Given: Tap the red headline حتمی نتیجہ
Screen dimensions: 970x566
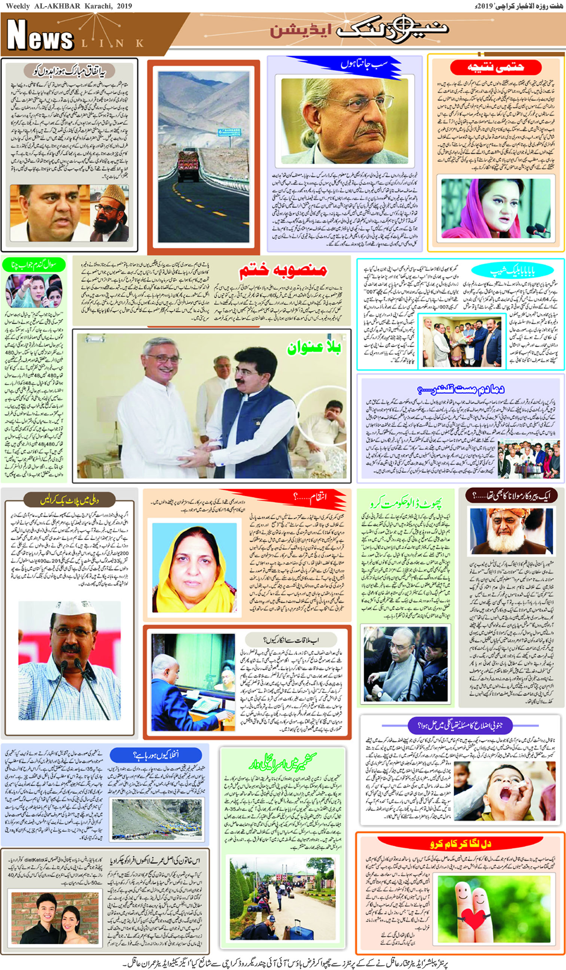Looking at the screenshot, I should tap(496, 68).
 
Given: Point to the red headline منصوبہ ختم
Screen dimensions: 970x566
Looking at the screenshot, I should tap(283, 270).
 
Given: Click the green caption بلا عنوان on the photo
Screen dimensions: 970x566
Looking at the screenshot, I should tap(313, 348).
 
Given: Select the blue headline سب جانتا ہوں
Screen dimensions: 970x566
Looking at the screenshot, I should tap(364, 64).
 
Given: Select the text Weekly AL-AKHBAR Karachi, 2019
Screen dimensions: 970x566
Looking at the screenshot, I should tap(69, 6).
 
